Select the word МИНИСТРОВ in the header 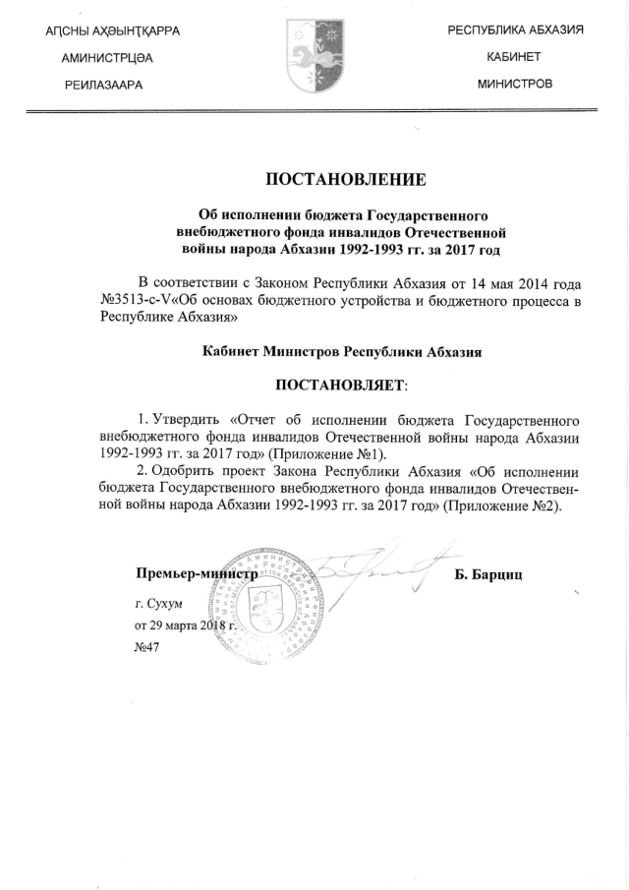pos(515,84)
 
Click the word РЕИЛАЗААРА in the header pos(106,85)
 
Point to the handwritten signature pos(383,570)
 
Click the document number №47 pos(145,647)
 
